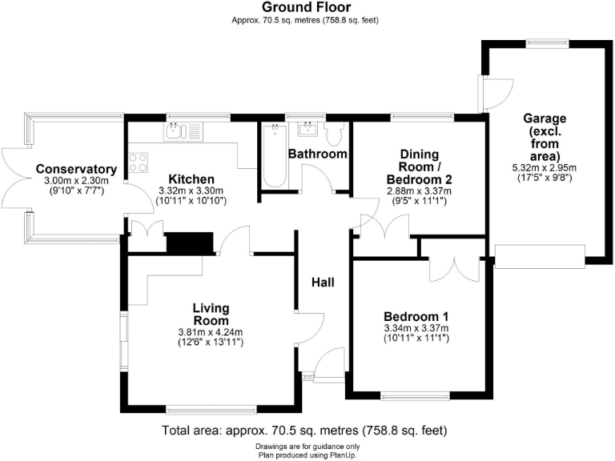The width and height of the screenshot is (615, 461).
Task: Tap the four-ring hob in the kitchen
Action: (138, 162)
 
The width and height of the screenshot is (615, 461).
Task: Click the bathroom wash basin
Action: (308, 129)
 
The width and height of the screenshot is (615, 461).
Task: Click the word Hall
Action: (324, 283)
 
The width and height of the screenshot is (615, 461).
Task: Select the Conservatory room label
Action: (76, 170)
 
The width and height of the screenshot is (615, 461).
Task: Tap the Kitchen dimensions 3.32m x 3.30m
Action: (191, 190)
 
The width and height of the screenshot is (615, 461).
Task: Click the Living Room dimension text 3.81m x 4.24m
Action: (211, 332)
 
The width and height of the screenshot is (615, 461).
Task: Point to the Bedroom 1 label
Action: (416, 315)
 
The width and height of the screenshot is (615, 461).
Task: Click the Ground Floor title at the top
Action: (307, 7)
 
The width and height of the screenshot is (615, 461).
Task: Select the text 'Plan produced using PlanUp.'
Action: (307, 455)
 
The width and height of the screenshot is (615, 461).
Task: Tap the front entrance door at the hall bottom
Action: (328, 368)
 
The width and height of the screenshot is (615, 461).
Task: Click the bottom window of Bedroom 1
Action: (415, 395)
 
